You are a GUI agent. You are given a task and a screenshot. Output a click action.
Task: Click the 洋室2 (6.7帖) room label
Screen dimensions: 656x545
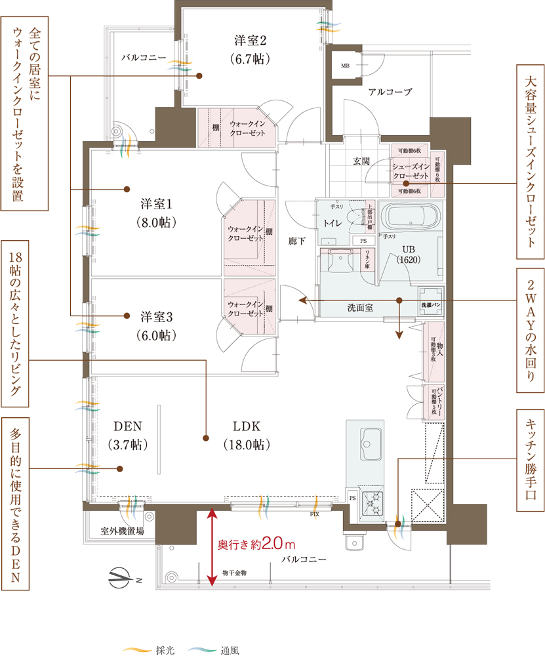point(252,48)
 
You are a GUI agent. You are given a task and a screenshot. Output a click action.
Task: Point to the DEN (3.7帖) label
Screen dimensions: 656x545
point(128,434)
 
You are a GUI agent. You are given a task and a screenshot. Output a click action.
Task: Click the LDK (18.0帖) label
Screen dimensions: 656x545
point(246,434)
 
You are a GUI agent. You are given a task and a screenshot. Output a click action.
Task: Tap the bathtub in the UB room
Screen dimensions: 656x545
point(412,216)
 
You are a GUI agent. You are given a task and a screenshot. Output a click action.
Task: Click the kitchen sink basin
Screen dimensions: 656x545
point(371,438)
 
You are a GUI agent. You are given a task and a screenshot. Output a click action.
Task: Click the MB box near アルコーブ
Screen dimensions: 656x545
point(345,66)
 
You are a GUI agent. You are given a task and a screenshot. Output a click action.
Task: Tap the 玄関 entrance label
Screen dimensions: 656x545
point(361,160)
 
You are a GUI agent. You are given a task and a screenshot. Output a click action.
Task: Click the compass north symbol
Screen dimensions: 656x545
point(121,578)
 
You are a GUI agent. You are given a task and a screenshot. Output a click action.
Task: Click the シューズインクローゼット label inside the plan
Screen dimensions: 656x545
point(411,172)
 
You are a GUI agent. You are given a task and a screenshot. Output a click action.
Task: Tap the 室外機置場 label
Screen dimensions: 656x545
point(122,531)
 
